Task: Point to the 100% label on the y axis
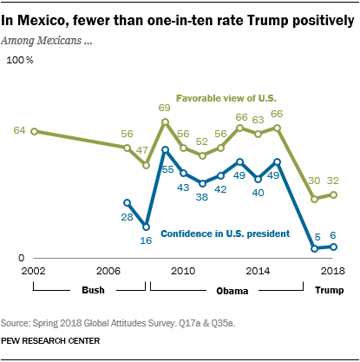point(19,60)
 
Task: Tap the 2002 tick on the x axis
point(33,272)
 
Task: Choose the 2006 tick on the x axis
point(108,272)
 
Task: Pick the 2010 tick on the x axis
point(183,272)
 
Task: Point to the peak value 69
point(164,108)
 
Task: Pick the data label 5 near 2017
point(317,236)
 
